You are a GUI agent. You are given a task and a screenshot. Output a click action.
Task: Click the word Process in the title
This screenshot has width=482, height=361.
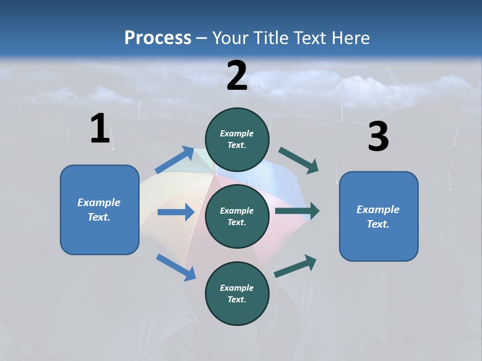[158, 38]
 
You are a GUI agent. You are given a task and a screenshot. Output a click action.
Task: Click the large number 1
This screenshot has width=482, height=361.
[100, 129]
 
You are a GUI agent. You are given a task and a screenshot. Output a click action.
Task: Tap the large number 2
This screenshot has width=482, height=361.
[237, 76]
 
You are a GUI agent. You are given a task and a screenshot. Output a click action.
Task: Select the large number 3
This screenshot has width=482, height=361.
[378, 137]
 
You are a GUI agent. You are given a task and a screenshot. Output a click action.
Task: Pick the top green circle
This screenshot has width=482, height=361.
[237, 139]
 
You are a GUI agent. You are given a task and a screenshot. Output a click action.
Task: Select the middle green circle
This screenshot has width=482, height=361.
[237, 216]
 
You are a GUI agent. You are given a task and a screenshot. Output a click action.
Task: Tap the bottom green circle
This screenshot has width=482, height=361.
[237, 293]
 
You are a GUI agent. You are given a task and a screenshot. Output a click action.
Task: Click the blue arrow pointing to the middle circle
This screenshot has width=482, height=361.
[176, 212]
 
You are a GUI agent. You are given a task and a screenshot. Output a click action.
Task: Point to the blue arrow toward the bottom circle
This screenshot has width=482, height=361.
[176, 267]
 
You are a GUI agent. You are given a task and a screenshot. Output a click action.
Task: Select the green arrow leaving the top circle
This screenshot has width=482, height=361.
[299, 160]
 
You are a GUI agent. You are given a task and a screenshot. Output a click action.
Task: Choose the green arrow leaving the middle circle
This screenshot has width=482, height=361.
[297, 211]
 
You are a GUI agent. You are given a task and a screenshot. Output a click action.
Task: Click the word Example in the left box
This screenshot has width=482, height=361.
[99, 203]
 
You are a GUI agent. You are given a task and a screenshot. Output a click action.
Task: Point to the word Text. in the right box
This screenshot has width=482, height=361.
[378, 224]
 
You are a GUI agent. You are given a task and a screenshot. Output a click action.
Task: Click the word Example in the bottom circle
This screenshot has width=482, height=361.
[237, 288]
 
